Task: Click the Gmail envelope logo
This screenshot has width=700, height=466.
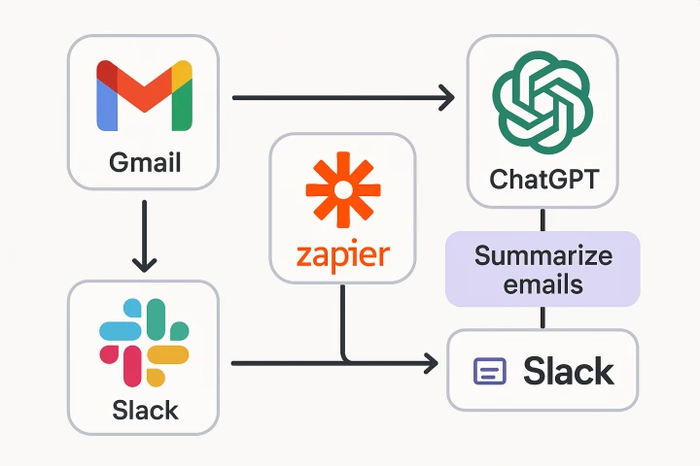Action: click(x=144, y=95)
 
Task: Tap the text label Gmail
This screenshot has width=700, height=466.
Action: click(x=144, y=161)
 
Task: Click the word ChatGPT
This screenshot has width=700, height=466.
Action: click(x=542, y=180)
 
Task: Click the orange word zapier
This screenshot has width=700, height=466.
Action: click(x=341, y=255)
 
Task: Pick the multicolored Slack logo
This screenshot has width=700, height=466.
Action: click(x=144, y=343)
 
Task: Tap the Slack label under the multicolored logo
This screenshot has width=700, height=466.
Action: click(x=144, y=409)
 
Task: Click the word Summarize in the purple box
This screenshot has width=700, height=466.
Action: click(x=542, y=256)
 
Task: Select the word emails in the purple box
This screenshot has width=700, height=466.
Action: click(x=542, y=284)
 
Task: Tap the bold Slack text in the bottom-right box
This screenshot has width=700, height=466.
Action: click(x=568, y=371)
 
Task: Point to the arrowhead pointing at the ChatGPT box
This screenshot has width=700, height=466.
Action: click(x=447, y=97)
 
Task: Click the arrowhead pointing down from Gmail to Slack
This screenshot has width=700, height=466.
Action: click(x=144, y=263)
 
